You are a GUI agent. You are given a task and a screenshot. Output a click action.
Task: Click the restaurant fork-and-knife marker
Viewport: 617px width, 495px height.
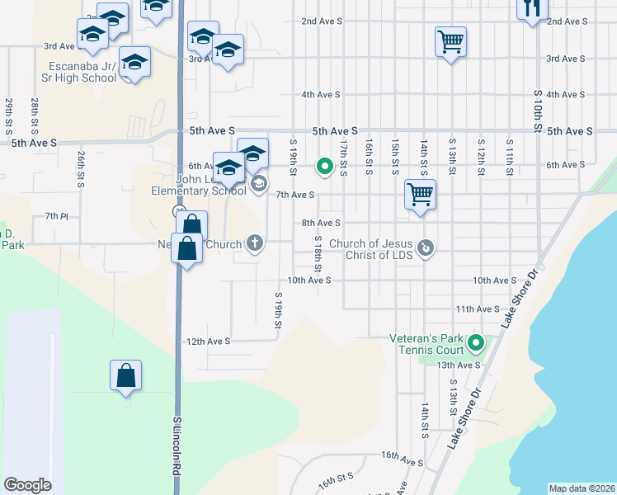click(532, 9)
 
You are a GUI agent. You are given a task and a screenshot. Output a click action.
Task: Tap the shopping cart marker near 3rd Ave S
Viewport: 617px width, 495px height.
click(450, 41)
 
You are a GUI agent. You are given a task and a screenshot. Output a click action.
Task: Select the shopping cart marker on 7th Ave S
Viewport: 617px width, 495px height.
click(420, 196)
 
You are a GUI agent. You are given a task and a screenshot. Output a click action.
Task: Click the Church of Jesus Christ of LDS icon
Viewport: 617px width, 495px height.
click(426, 247)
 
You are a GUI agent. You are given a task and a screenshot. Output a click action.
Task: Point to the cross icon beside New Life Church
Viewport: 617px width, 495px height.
click(256, 243)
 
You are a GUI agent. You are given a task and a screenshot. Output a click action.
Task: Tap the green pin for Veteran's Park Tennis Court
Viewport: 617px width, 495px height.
click(476, 342)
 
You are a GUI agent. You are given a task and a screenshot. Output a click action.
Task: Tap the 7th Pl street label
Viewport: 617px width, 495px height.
click(56, 216)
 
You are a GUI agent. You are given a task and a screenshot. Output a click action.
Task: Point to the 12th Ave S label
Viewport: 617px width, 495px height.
click(208, 341)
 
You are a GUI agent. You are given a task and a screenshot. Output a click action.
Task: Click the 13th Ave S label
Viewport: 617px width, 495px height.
click(459, 365)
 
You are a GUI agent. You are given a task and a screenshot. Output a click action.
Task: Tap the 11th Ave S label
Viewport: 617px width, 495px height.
click(478, 309)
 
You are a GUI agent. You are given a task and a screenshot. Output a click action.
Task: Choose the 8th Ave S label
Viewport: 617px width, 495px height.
click(321, 223)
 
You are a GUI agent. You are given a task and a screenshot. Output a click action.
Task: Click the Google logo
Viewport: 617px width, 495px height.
click(27, 485)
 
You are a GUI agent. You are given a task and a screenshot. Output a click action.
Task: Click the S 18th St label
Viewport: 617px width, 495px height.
click(318, 254)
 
